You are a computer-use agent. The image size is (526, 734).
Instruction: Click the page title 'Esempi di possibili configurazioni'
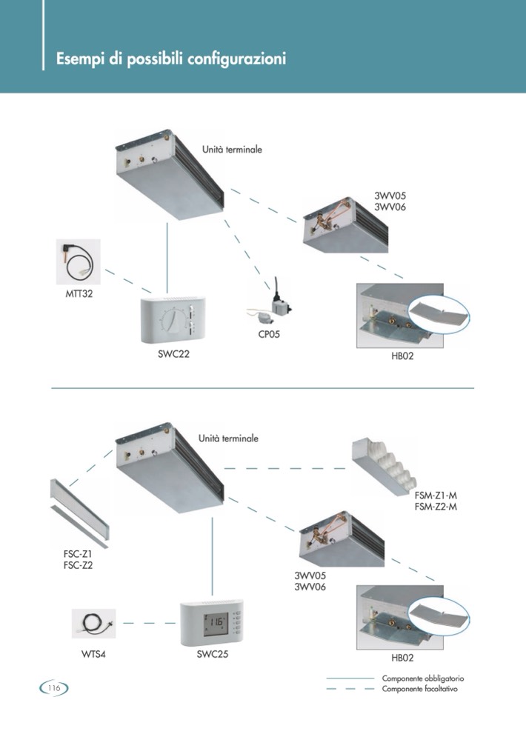[171, 59]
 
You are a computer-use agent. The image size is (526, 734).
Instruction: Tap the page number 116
[53, 688]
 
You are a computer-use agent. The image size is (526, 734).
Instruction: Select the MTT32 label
[78, 293]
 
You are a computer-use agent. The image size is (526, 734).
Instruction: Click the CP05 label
[269, 335]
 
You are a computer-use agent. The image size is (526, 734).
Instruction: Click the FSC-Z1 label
[78, 553]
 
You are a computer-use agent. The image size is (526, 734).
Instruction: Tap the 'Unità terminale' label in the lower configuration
[228, 438]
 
